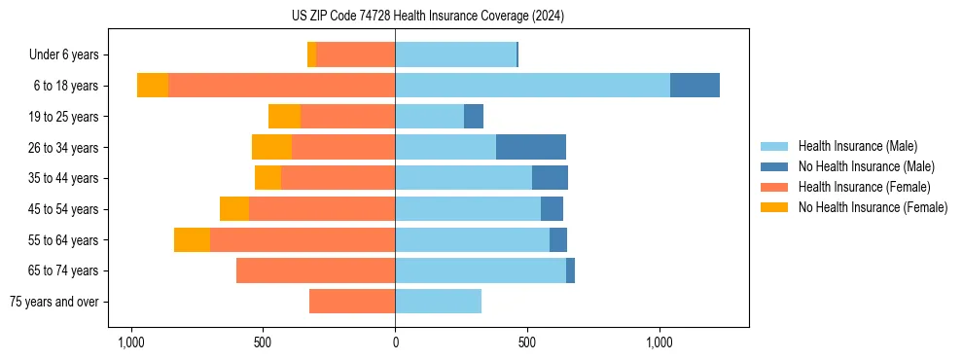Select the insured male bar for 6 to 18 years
(x=532, y=86)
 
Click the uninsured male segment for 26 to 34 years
(x=531, y=147)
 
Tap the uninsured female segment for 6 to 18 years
(x=153, y=86)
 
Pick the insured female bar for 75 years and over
(x=352, y=302)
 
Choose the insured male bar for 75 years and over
(x=438, y=302)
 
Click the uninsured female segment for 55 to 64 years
(x=192, y=239)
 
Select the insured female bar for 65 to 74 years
(x=315, y=270)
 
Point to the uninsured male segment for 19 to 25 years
(x=474, y=117)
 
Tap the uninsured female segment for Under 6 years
(x=311, y=54)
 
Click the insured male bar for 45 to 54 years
(x=468, y=209)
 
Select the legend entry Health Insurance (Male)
(x=857, y=146)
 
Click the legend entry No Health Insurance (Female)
(x=873, y=207)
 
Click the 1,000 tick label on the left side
(x=130, y=342)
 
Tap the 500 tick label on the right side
(x=527, y=342)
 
